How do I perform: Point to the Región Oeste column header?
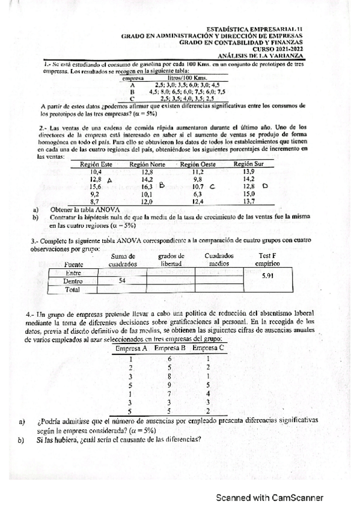point(198,164)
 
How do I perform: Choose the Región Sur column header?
point(250,164)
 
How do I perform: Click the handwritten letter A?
point(109,180)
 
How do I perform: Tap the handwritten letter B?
point(161,186)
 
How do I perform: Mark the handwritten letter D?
point(265,186)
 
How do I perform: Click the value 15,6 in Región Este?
point(95,187)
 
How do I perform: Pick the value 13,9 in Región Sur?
point(249,172)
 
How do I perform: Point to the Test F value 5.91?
point(268,276)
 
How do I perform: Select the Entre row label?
point(72,272)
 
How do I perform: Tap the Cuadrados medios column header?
point(218,259)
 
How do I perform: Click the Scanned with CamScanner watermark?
point(270,498)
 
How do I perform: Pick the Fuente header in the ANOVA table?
point(73,263)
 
